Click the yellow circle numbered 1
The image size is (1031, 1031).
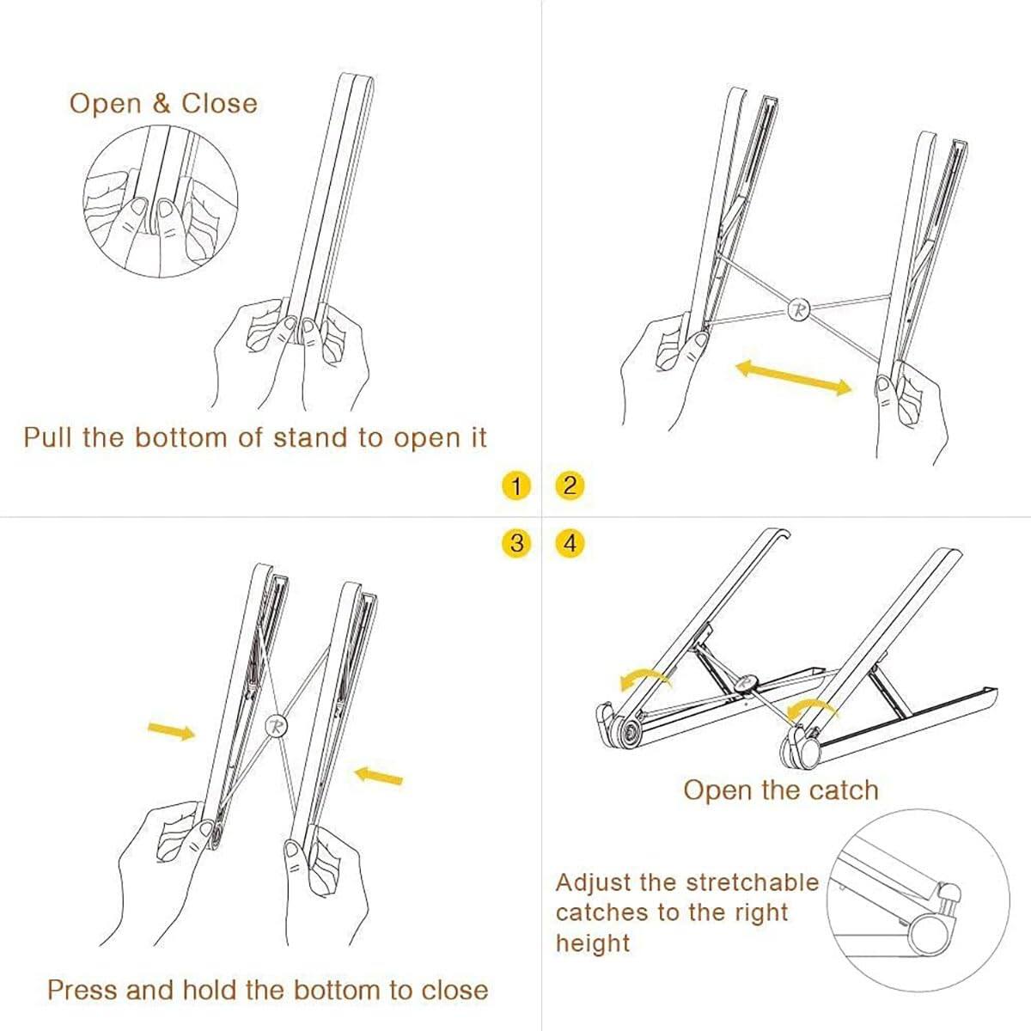pyautogui.click(x=515, y=486)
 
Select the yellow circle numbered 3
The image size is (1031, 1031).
pyautogui.click(x=515, y=543)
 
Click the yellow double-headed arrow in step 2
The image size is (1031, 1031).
pyautogui.click(x=794, y=378)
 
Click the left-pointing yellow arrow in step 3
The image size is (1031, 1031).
pyautogui.click(x=378, y=776)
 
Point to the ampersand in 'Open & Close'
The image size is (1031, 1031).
pyautogui.click(x=162, y=104)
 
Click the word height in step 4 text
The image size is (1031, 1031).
pyautogui.click(x=593, y=943)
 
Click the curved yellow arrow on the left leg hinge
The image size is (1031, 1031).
pyautogui.click(x=644, y=679)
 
